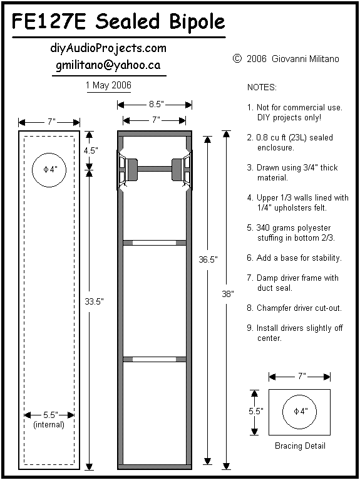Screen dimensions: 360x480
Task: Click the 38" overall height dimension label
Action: tap(228, 294)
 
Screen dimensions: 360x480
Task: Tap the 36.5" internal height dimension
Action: tap(208, 259)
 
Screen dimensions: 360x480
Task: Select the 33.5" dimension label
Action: tap(94, 301)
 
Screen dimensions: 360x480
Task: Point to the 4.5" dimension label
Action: tap(91, 150)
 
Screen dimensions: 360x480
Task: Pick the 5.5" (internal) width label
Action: tap(49, 420)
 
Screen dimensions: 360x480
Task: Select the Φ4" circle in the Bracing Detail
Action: tap(299, 395)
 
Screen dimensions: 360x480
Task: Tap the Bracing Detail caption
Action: tap(300, 446)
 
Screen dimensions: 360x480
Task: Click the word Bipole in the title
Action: tap(197, 22)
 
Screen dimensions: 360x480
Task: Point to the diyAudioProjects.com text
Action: tap(108, 48)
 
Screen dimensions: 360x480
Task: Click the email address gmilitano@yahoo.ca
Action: tap(108, 65)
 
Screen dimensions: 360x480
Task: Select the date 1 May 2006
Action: tap(108, 85)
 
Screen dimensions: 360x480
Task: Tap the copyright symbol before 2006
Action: tap(237, 58)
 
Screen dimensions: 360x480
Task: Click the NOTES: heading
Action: tap(262, 88)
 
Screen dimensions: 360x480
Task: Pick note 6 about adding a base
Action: tap(294, 258)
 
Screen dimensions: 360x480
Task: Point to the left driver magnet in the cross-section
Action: tap(133, 169)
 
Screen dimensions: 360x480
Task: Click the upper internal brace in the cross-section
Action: tap(155, 243)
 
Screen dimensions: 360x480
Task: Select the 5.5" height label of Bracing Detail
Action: tap(256, 411)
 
